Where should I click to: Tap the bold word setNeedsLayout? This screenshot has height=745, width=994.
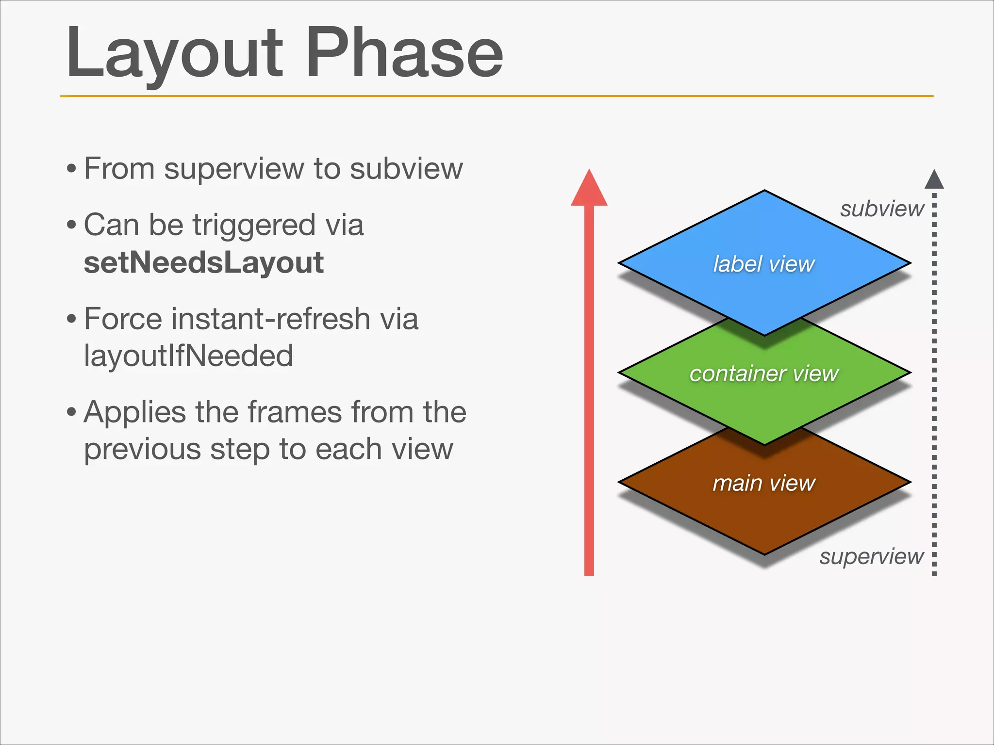pyautogui.click(x=203, y=263)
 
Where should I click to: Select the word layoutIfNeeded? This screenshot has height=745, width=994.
pyautogui.click(x=188, y=356)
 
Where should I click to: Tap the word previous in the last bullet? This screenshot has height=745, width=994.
pyautogui.click(x=143, y=450)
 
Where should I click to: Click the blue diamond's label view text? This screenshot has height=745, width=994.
pyautogui.click(x=763, y=264)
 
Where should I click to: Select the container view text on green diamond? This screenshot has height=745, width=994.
pyautogui.click(x=763, y=374)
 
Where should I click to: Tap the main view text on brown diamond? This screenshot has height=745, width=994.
pyautogui.click(x=763, y=484)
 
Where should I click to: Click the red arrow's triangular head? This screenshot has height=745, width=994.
pyautogui.click(x=589, y=191)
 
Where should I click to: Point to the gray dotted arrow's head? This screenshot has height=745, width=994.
pyautogui.click(x=934, y=180)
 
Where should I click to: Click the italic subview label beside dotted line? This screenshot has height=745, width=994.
pyautogui.click(x=882, y=209)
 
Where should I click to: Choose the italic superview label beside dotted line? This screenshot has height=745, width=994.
pyautogui.click(x=871, y=556)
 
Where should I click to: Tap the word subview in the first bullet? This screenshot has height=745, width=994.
pyautogui.click(x=406, y=169)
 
